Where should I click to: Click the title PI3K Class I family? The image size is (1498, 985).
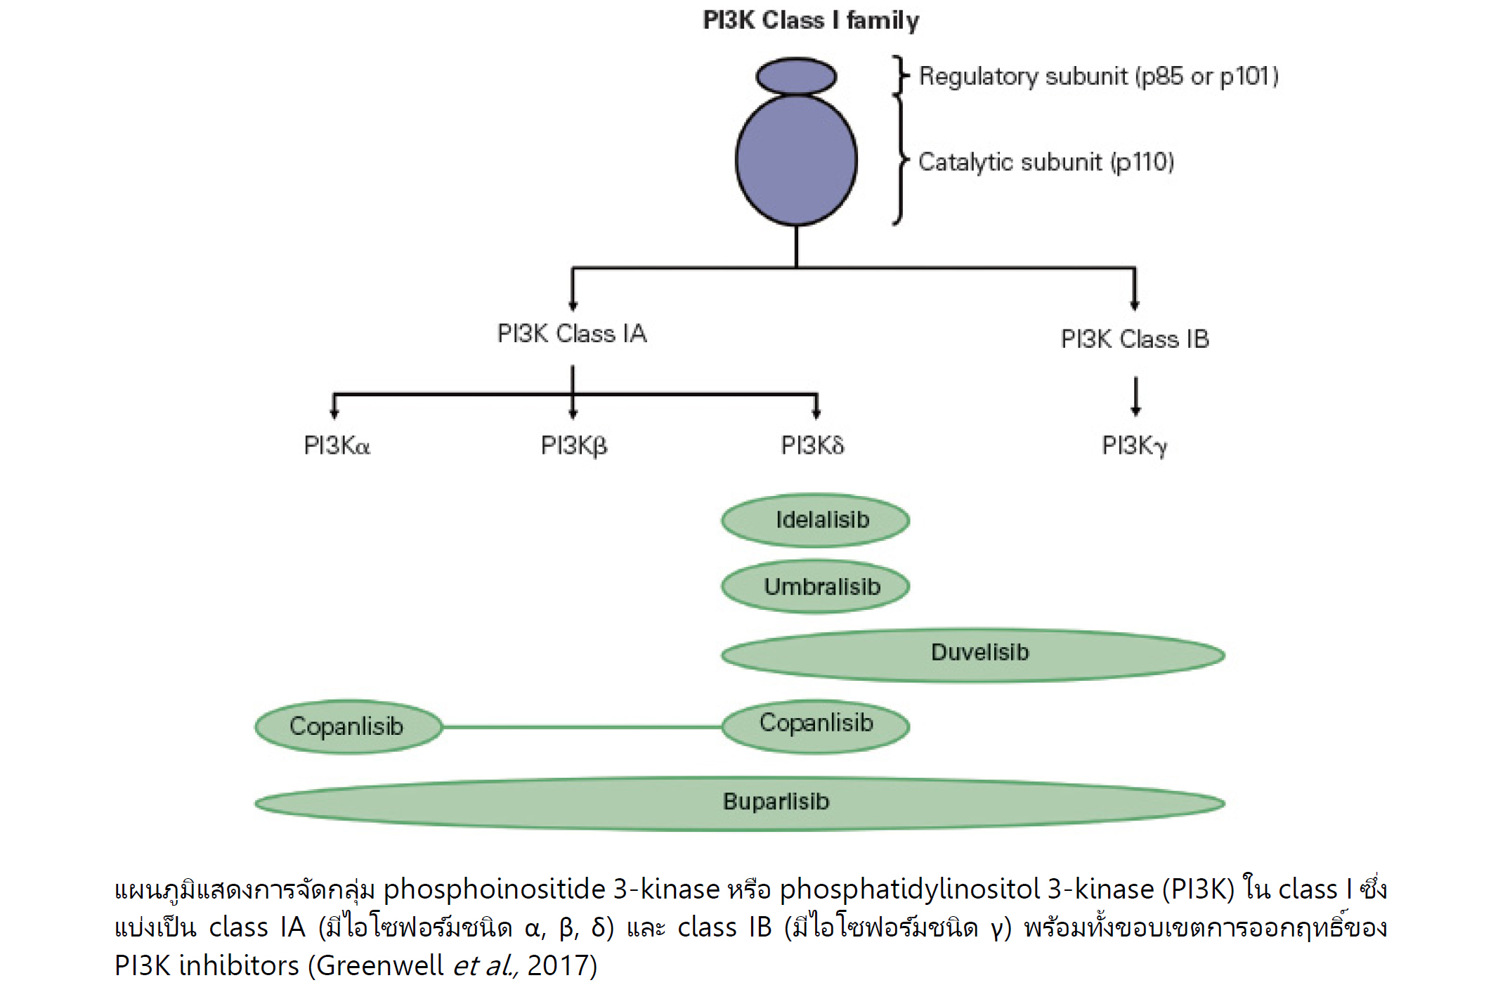811,20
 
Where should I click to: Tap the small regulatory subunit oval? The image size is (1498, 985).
796,77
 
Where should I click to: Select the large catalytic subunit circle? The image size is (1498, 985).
796,160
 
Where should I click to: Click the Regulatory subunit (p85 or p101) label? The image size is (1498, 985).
1098,76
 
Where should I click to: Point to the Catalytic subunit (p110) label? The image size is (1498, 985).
1046,162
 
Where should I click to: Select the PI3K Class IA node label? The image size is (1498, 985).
572,333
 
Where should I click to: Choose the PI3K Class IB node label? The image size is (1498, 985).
1135,339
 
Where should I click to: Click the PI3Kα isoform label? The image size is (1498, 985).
337,445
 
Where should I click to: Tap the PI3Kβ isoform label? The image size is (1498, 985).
573,445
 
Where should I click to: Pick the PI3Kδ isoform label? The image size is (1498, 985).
812,445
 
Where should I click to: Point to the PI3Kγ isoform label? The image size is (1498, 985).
1134,445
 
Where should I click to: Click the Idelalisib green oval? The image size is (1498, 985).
816,521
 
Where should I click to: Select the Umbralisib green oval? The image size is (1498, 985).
816,587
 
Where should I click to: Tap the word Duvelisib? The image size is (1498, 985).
979,653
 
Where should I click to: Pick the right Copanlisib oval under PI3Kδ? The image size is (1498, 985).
816,725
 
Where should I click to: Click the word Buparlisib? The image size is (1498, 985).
776,802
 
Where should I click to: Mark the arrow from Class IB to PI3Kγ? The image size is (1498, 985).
1135,396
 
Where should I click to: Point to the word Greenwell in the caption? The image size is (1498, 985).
379,965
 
